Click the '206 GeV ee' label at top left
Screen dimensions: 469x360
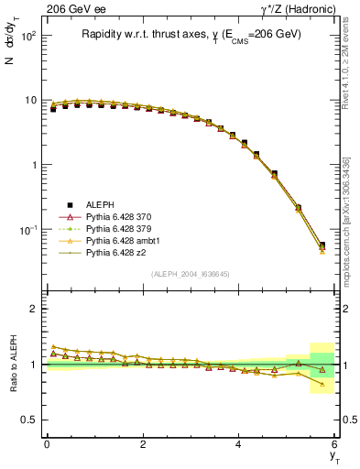72,9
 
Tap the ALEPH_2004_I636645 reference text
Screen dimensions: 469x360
190,274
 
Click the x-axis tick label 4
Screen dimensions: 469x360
239,444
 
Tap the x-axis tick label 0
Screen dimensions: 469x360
47,444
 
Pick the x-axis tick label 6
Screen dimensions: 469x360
335,444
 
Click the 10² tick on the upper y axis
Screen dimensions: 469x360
29,37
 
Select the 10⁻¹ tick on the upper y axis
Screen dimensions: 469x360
29,229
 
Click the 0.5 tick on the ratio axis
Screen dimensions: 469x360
30,420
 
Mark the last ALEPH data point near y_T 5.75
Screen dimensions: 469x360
322,245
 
